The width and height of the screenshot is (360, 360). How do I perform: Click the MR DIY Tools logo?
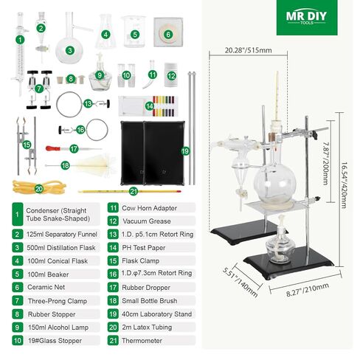tap(307, 18)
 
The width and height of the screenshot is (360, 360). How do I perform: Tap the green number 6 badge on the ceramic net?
tap(168, 34)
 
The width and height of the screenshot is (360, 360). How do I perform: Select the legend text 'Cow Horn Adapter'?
tap(149, 208)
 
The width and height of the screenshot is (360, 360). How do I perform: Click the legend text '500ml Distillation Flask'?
tap(61, 248)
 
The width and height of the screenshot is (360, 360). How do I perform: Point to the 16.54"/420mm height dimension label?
tap(344, 185)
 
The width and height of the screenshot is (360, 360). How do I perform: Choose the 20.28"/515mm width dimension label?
tap(248, 50)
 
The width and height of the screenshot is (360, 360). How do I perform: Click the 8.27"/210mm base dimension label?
tap(308, 289)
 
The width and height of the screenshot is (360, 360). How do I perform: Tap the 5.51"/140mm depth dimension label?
tap(240, 283)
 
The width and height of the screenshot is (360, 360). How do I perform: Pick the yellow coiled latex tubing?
tap(39, 187)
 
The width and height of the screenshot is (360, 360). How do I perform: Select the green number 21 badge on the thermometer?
tap(134, 191)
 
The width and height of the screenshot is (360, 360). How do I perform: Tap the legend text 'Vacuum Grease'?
tap(147, 221)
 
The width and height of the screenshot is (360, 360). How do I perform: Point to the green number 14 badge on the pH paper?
tap(149, 106)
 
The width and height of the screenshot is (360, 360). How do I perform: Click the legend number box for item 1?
tap(17, 214)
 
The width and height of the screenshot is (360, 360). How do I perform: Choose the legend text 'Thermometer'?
tap(142, 341)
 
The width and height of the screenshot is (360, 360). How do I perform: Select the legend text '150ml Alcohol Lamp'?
tap(58, 328)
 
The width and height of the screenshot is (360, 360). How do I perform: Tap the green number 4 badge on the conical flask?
tap(105, 34)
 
